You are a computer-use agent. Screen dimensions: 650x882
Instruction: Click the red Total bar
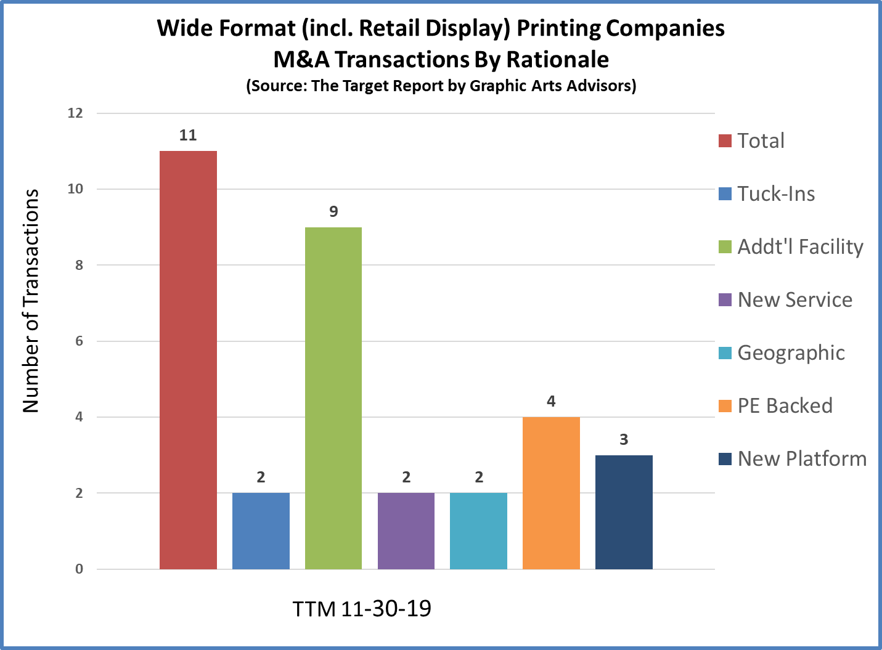pyautogui.click(x=188, y=360)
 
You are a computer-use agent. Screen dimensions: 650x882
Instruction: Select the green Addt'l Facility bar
pyautogui.click(x=333, y=398)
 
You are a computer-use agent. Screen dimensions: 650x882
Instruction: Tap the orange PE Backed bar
pyautogui.click(x=551, y=493)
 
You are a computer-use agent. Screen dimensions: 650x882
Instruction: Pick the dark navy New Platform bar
pyautogui.click(x=624, y=512)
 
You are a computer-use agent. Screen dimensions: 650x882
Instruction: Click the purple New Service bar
pyautogui.click(x=406, y=531)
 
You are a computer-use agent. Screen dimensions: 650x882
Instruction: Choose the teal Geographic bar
pyautogui.click(x=478, y=531)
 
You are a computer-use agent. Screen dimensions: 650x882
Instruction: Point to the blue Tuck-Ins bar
pyautogui.click(x=261, y=531)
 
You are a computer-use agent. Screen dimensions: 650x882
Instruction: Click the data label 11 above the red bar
pyautogui.click(x=188, y=136)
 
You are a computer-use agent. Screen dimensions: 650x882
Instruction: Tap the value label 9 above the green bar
pyautogui.click(x=333, y=212)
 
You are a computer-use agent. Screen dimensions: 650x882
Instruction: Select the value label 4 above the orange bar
pyautogui.click(x=551, y=402)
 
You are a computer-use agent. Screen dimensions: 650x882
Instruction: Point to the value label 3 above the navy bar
pyautogui.click(x=624, y=440)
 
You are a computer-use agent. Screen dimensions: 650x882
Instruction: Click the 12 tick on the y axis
pyautogui.click(x=75, y=113)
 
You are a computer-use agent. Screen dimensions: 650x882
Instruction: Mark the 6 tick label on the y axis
pyautogui.click(x=79, y=341)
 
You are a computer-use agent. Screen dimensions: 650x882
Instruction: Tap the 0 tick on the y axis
pyautogui.click(x=79, y=569)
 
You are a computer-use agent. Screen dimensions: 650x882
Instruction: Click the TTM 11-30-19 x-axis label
pyautogui.click(x=362, y=609)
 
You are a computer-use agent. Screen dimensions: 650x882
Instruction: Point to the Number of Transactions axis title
pyautogui.click(x=31, y=301)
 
